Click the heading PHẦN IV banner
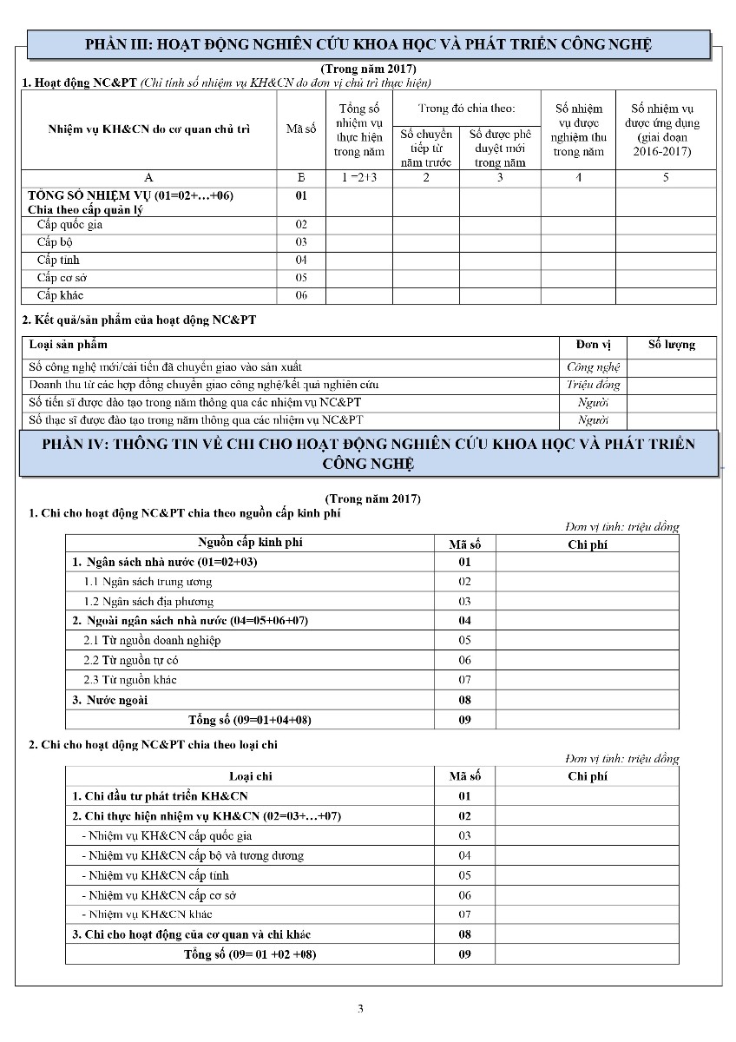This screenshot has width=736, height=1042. pos(369,453)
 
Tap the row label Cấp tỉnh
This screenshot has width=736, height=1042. pos(60,260)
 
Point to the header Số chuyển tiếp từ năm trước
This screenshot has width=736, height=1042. pos(425,148)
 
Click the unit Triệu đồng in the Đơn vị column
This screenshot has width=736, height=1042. pos(593,385)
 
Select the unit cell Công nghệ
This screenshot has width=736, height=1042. pos(593,367)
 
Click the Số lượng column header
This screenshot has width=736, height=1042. pos(672,345)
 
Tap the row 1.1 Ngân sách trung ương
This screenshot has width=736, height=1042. pos(148,582)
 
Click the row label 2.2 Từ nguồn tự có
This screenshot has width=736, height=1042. pos(130,660)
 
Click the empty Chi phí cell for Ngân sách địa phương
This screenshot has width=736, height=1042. pos(587,601)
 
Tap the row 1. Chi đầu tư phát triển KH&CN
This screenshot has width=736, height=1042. pos(153,795)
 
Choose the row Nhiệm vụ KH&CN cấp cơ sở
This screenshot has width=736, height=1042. pos(159,895)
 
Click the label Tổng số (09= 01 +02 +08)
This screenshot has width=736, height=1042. pos(250,954)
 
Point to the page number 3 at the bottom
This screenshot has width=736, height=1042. pos(360,1008)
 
